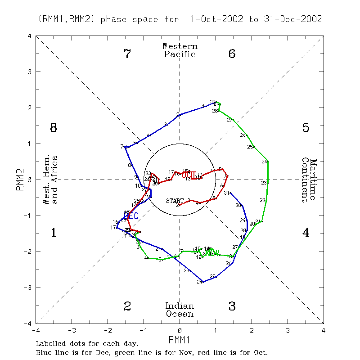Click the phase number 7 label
(x=127, y=54)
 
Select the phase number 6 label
(x=232, y=54)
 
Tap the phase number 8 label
(x=53, y=128)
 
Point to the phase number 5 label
(x=306, y=128)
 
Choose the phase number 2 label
(x=127, y=306)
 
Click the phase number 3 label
(x=232, y=306)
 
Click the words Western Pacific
(x=180, y=50)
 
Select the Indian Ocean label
(x=180, y=310)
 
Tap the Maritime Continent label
(x=309, y=180)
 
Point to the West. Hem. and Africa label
(x=50, y=180)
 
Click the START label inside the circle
(x=175, y=200)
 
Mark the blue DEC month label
(x=131, y=216)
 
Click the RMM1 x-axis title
(x=180, y=339)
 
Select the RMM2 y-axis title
(x=20, y=180)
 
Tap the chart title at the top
(x=180, y=19)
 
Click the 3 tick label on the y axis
(x=30, y=72)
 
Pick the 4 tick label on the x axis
(x=323, y=330)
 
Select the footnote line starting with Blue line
(x=152, y=353)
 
